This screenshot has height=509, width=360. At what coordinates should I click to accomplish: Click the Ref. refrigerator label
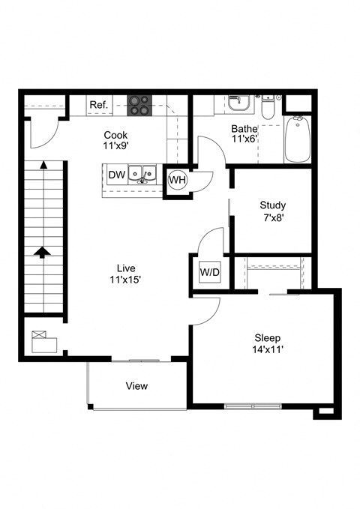[99, 105]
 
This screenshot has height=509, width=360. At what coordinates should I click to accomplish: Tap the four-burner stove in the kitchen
[138, 105]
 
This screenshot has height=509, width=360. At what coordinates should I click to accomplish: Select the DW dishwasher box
[115, 175]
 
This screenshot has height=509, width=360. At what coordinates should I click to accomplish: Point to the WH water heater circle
[177, 180]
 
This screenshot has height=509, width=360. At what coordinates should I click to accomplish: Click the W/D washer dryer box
[208, 271]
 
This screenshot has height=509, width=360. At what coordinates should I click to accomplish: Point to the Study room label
[272, 205]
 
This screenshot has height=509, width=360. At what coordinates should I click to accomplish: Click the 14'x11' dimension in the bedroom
[268, 349]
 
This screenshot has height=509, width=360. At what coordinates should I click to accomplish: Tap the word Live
[125, 268]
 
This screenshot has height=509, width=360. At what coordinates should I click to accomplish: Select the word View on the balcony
[136, 386]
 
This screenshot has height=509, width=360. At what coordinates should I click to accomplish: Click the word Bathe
[245, 127]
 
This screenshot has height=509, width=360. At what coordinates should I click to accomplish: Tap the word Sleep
[267, 337]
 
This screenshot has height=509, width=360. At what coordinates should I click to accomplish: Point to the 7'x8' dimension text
[272, 218]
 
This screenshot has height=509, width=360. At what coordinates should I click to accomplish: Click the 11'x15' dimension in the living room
[125, 280]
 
